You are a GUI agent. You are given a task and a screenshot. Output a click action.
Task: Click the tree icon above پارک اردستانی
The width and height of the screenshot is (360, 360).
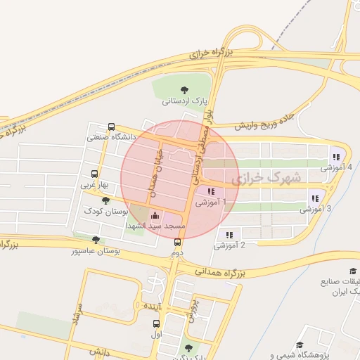tap(185, 89)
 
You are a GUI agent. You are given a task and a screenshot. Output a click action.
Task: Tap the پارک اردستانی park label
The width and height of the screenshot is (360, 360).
tap(186, 101)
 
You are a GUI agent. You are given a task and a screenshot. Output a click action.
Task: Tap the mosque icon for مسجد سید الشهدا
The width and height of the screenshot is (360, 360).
tap(155, 215)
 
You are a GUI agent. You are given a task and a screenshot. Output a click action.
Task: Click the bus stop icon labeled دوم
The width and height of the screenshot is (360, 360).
tap(177, 242)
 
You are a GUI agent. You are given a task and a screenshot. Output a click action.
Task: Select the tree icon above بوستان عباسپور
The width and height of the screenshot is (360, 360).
tap(96, 240)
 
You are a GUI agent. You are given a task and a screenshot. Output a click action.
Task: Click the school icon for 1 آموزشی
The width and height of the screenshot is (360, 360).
tap(210, 191)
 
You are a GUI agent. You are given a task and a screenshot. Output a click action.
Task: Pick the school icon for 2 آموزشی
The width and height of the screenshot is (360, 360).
tap(229, 235)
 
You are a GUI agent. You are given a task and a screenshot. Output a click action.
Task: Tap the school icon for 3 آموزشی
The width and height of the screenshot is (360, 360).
tap(314, 198)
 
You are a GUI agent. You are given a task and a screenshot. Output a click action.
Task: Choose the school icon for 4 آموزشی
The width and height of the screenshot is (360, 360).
tap(336, 157)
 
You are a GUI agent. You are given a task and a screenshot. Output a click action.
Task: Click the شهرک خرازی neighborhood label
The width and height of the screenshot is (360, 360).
tap(271, 178)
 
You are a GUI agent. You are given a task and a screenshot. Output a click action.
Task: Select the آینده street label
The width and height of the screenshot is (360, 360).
tap(153, 307)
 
